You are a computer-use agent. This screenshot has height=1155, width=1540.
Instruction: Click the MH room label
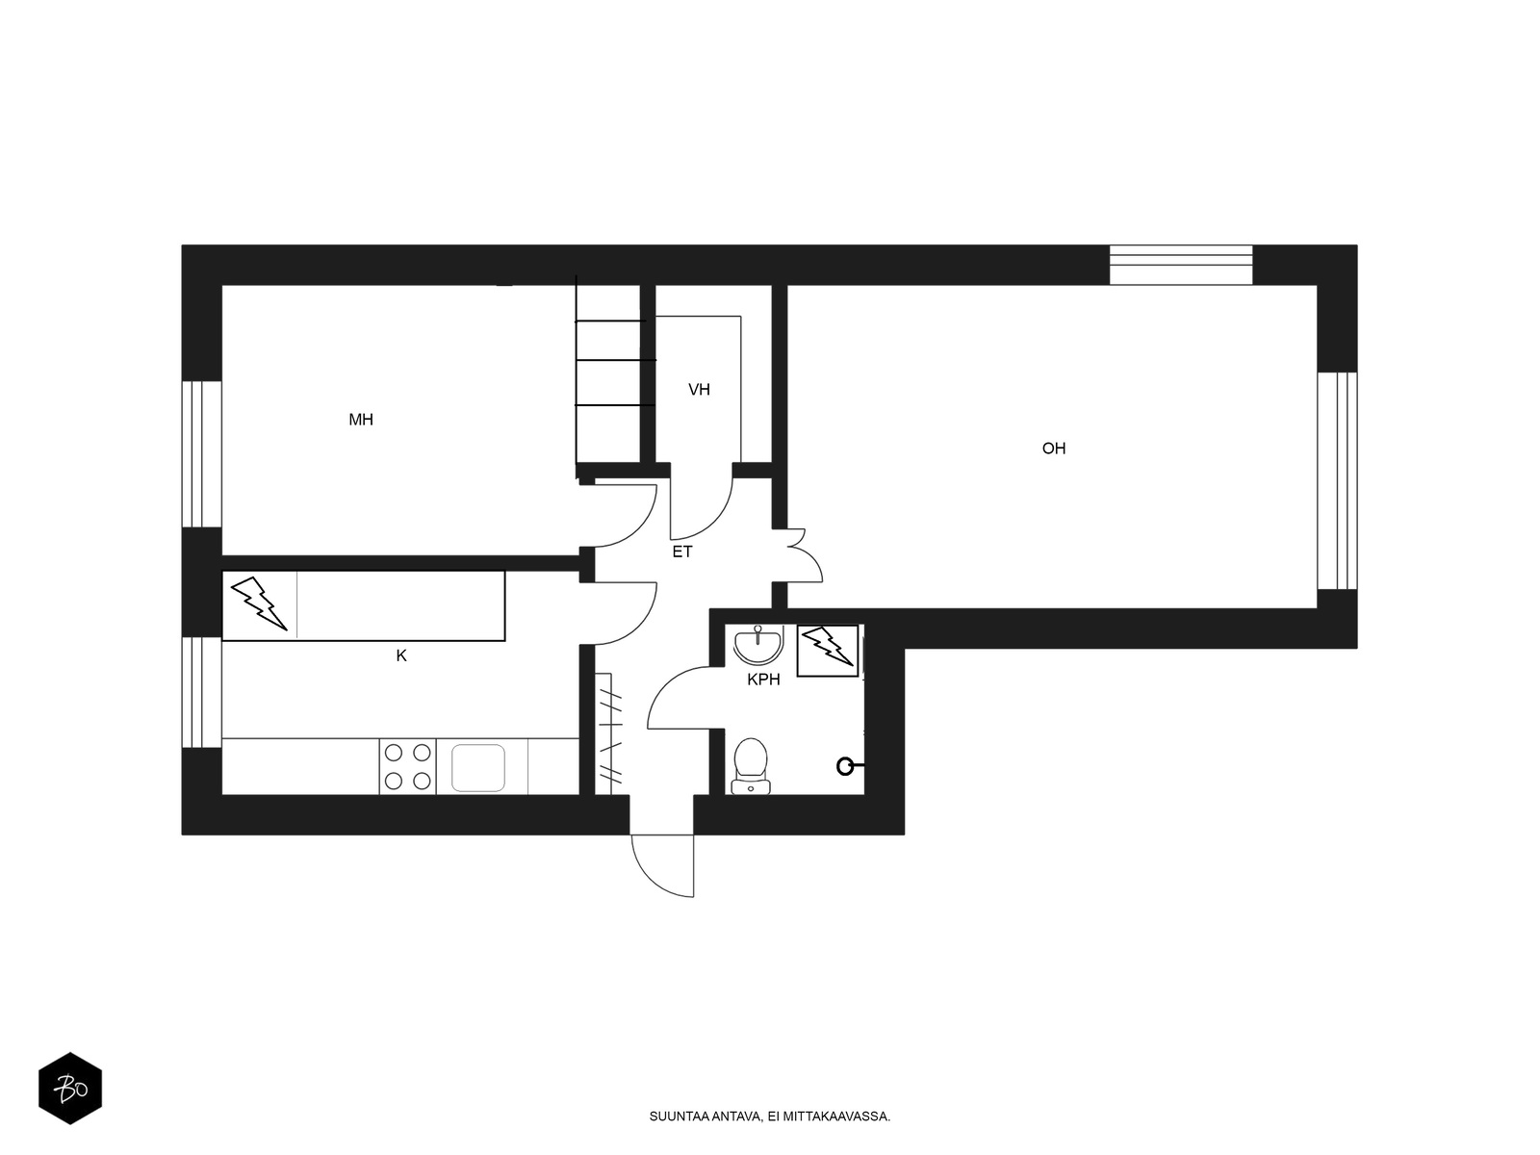point(361,420)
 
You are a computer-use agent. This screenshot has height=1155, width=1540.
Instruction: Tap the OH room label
point(1053,449)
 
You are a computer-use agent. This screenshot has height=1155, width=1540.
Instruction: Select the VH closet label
point(699,389)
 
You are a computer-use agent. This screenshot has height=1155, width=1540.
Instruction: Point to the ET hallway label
point(682,552)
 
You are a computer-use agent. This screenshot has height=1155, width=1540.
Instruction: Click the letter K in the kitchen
point(401,655)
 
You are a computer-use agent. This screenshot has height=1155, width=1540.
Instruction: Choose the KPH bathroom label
point(763,680)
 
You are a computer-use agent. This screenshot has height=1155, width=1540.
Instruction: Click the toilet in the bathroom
point(751,766)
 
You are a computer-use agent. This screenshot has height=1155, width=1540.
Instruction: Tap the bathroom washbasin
point(758,644)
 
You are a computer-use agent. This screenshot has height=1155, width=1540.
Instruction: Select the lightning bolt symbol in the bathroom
point(827,647)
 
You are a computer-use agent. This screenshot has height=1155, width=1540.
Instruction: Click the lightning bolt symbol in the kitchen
point(259,603)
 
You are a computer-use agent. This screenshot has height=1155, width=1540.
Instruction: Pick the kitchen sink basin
point(478,768)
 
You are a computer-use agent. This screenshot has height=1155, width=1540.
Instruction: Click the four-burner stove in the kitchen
point(408,766)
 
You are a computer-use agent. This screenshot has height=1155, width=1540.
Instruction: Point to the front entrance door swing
point(662,865)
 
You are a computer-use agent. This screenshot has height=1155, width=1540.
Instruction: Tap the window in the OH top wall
point(1181,265)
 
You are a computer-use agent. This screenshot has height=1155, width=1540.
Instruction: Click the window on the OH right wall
point(1337,480)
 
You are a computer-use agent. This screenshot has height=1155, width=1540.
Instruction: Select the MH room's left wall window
point(202,453)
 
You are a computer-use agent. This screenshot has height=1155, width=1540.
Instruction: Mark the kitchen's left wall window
point(202,692)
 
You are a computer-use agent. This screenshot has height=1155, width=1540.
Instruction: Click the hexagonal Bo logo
point(70,1089)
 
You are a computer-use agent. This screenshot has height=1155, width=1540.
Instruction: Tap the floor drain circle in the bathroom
point(845,766)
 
